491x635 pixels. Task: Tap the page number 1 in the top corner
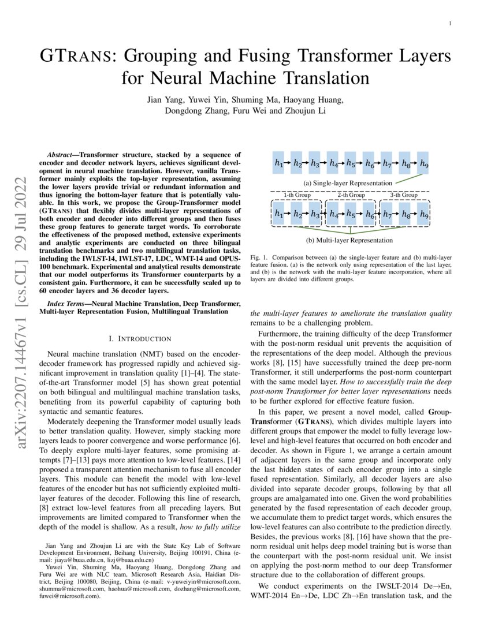(x=449, y=24)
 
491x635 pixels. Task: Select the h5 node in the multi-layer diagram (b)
(x=351, y=214)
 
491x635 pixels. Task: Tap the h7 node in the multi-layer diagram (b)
(x=387, y=214)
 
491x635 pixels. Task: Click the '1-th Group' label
(x=297, y=195)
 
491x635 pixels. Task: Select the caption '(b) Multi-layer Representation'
(x=349, y=240)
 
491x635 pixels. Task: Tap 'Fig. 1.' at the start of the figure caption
(x=259, y=256)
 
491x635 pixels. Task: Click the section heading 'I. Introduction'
(x=140, y=338)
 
